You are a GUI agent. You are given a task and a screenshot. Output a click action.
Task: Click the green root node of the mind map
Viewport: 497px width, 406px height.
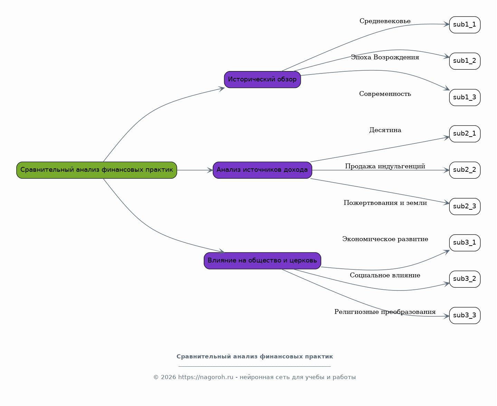pos(97,170)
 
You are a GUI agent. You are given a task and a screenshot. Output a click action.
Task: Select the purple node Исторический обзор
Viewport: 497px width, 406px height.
pos(262,80)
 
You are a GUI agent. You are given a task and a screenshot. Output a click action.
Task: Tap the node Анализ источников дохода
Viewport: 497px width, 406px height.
pos(262,170)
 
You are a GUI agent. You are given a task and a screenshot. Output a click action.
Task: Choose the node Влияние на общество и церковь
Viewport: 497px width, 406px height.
pos(262,261)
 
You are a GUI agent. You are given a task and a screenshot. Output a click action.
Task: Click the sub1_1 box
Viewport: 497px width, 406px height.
pos(465,25)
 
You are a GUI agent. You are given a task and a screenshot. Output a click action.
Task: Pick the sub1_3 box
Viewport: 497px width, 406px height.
pos(465,97)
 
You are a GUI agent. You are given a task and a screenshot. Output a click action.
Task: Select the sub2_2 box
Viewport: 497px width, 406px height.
pos(465,170)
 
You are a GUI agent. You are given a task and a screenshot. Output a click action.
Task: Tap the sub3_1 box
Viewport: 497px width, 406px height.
pos(465,243)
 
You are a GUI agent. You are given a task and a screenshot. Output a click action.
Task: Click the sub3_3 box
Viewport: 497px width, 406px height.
pos(465,316)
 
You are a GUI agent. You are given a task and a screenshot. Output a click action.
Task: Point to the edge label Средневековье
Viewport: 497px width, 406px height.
pos(385,21)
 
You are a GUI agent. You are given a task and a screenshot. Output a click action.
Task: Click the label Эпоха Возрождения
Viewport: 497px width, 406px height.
pos(385,57)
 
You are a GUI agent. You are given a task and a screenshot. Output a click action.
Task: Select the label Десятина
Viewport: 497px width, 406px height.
pos(385,130)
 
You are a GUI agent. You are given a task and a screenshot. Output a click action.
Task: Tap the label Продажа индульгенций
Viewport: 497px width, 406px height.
pos(385,166)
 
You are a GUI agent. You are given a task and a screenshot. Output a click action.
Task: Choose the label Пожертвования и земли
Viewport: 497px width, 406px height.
pos(385,203)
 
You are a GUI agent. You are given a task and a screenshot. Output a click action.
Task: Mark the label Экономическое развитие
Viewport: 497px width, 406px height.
pos(385,239)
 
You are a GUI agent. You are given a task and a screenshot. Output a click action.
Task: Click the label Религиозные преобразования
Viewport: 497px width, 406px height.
pos(385,312)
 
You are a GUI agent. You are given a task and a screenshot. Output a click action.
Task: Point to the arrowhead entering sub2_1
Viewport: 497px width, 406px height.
pos(447,137)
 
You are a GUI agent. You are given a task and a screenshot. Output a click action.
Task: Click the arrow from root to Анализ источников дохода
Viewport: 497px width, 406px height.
pos(195,170)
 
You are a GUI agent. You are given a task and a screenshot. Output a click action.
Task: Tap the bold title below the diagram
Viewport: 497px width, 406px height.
pos(255,357)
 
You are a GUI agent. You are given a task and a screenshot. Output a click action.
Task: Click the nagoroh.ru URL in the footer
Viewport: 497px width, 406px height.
pos(206,377)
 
